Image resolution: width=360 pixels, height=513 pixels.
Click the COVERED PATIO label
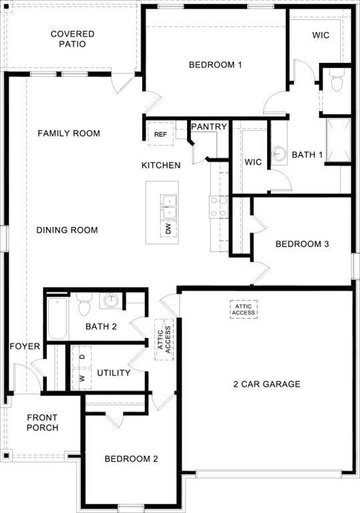click(72, 39)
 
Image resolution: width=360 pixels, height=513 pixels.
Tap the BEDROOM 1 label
click(214, 65)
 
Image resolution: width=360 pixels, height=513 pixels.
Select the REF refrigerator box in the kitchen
click(160, 134)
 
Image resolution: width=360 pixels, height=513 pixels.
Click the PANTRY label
click(209, 126)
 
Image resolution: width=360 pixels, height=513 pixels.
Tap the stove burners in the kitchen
click(218, 206)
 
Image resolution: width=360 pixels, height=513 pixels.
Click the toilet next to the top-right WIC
click(337, 79)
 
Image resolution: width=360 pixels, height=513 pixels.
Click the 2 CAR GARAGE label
click(266, 384)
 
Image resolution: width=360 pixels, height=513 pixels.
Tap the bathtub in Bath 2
click(57, 321)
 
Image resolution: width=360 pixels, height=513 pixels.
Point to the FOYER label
click(25, 347)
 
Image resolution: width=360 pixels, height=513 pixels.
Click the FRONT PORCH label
click(42, 423)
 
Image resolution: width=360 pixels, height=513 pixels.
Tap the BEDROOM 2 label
click(131, 459)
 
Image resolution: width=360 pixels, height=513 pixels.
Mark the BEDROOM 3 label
click(302, 244)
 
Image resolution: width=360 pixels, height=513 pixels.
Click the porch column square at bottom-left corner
click(6, 456)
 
